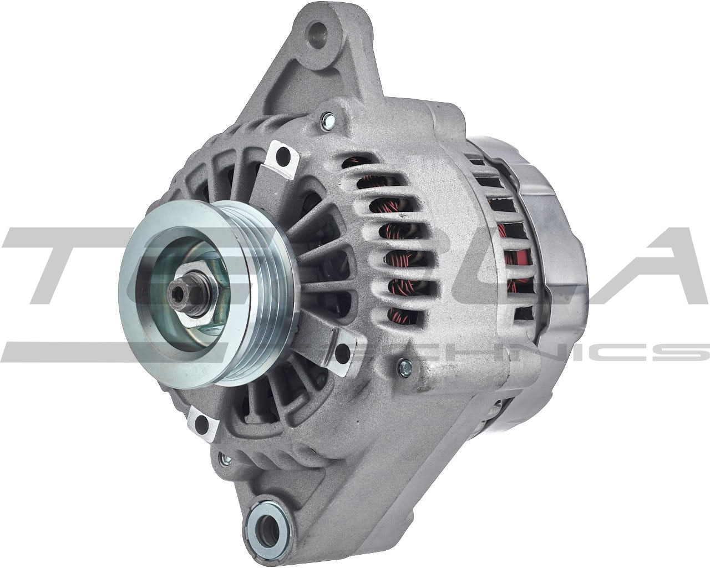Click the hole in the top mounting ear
(319, 29)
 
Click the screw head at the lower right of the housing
(405, 365)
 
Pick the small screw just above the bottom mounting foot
(225, 459)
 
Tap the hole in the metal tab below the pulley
(203, 424)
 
